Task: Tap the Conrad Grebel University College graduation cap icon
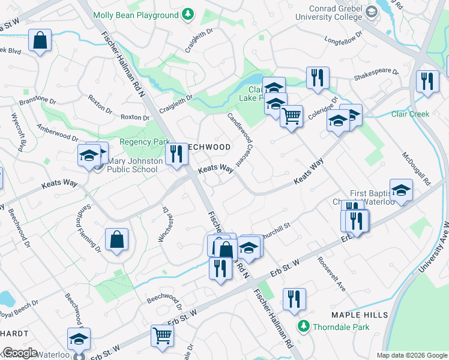tap(371, 11)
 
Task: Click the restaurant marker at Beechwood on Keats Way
tap(176, 154)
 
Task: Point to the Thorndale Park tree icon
tap(304, 326)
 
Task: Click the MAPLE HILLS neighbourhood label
tap(360, 315)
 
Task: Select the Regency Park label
tap(145, 142)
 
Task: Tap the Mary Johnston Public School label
tap(131, 165)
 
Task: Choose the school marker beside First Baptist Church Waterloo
tap(401, 190)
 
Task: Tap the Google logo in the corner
tap(20, 353)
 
